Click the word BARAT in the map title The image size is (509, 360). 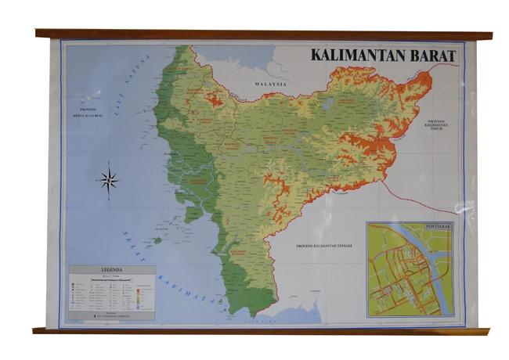pyautogui.click(x=432, y=56)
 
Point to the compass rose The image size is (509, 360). pyautogui.click(x=108, y=181)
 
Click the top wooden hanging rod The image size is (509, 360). pyautogui.click(x=263, y=34)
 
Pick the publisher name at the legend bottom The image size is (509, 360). pyautogui.click(x=110, y=317)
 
